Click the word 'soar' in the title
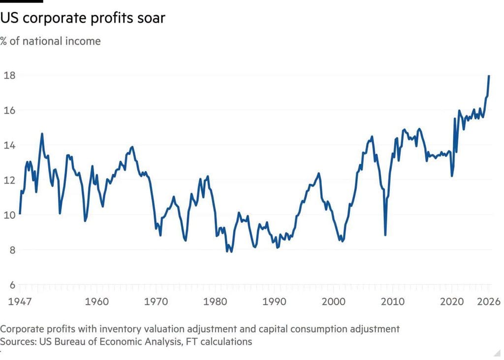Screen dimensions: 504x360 tap(151, 18)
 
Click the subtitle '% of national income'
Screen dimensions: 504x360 tap(51, 41)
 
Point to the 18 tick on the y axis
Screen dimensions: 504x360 tap(9, 75)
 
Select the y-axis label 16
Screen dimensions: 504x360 tap(9, 110)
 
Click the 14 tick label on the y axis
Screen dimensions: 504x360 tap(9, 145)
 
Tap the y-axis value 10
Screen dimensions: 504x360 tap(9, 215)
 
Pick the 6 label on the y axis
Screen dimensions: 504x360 tap(12, 285)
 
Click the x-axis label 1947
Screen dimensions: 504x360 tap(20, 302)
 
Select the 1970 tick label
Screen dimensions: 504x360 tap(156, 302)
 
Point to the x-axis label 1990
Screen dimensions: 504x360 tap(274, 302)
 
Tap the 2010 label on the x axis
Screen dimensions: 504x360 tap(392, 302)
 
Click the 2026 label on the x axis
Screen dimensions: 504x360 tap(489, 302)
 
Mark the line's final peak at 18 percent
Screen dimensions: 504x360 tap(489, 76)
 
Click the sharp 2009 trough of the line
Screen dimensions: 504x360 tap(385, 235)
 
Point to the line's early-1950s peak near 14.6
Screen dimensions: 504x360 tap(42, 134)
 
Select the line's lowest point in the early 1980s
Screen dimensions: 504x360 tap(231, 252)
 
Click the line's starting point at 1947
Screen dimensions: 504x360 tap(20, 213)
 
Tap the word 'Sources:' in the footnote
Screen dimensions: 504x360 tap(18, 342)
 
